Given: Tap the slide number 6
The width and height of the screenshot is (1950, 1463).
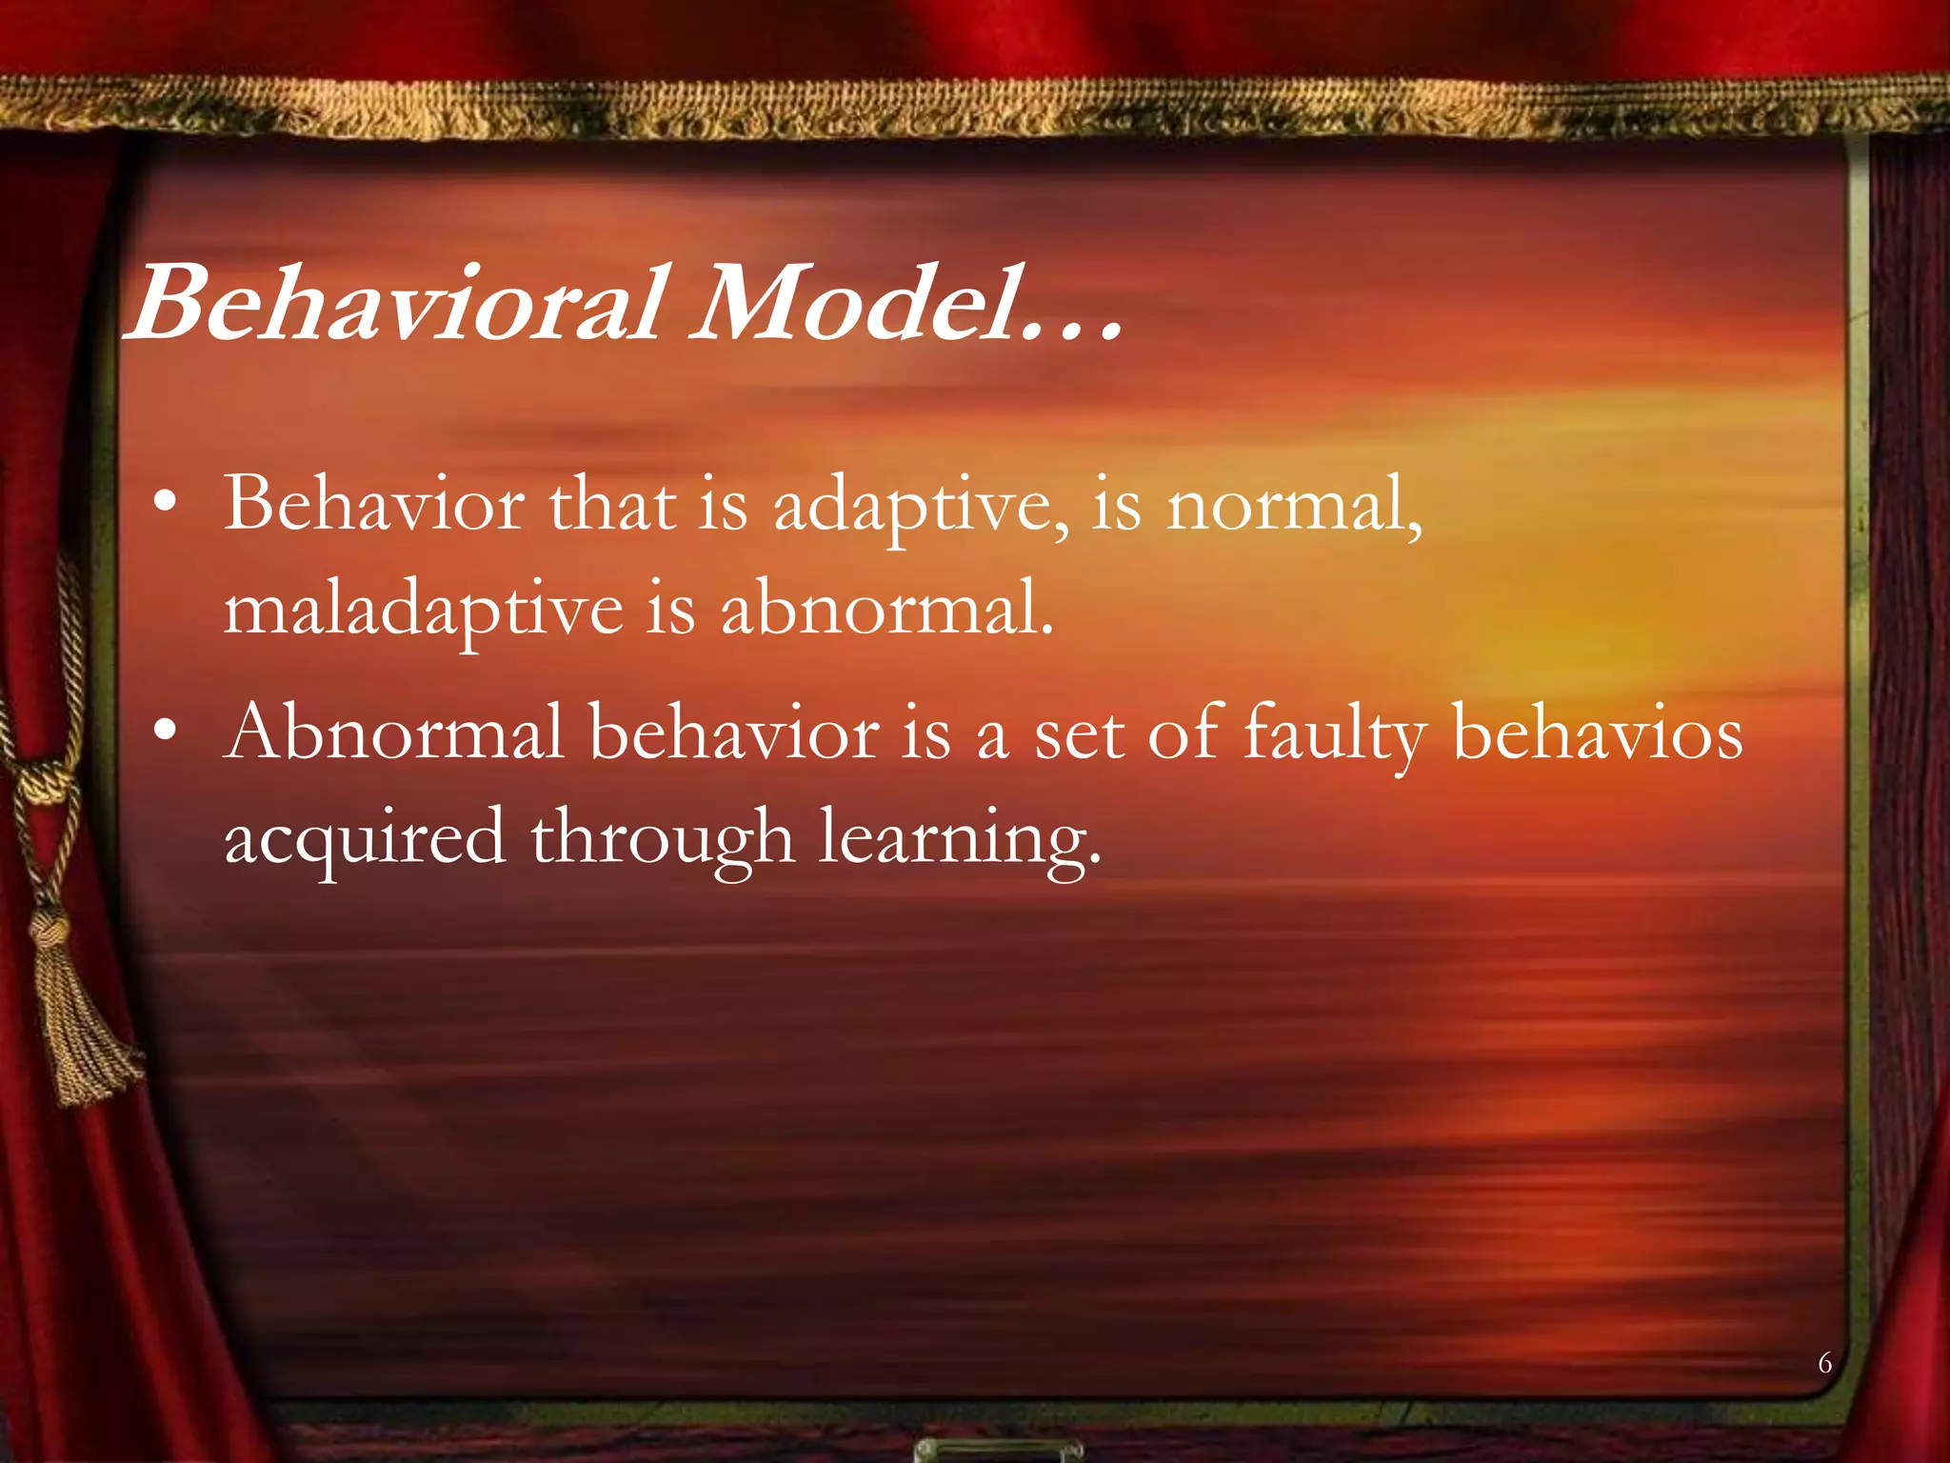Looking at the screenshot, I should [1824, 1363].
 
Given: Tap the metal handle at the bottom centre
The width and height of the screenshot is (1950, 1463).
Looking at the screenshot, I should [997, 1450].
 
